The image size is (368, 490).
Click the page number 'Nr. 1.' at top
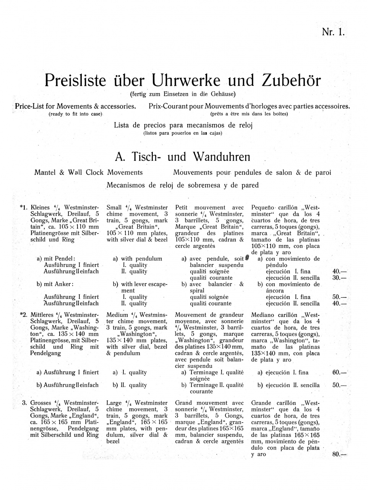coord(333,32)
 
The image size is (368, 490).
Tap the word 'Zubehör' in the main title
coord(291,80)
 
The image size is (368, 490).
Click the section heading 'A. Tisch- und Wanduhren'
coord(183,157)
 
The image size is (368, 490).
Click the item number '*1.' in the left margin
coord(24,208)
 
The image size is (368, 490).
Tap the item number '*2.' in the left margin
coord(24,315)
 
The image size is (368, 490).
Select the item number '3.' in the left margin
coord(24,403)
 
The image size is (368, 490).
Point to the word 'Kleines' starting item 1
coord(40,208)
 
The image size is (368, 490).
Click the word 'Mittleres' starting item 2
coord(42,315)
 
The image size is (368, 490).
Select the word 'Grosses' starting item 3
coord(41,403)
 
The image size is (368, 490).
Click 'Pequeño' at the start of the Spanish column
coord(262,208)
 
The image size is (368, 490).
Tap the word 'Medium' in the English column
coord(117,315)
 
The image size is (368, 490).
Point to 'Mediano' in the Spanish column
coord(262,315)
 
